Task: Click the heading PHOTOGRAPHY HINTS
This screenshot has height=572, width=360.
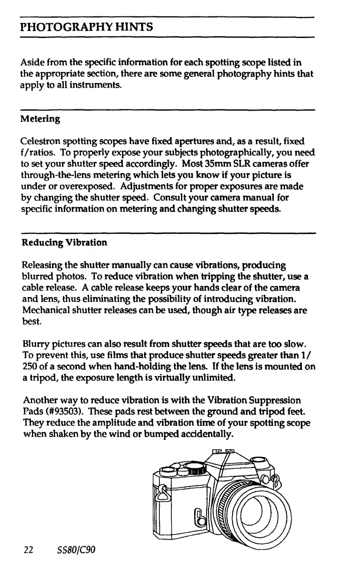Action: [x=87, y=27]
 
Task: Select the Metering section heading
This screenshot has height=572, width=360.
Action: [x=40, y=119]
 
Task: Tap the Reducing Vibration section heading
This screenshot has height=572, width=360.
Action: [x=64, y=242]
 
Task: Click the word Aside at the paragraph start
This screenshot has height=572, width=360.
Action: [x=32, y=62]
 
